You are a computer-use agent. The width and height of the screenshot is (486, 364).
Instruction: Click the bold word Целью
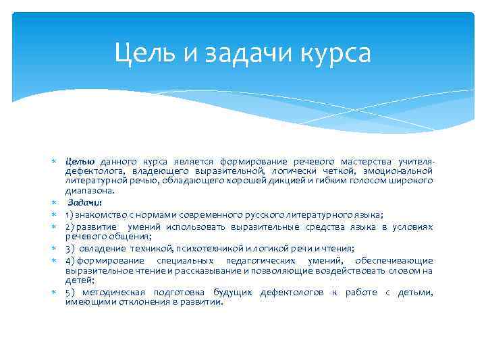pos(80,162)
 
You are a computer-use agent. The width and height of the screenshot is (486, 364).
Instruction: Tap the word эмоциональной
pos(397,171)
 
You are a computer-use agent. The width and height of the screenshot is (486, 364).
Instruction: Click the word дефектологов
pos(292,293)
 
